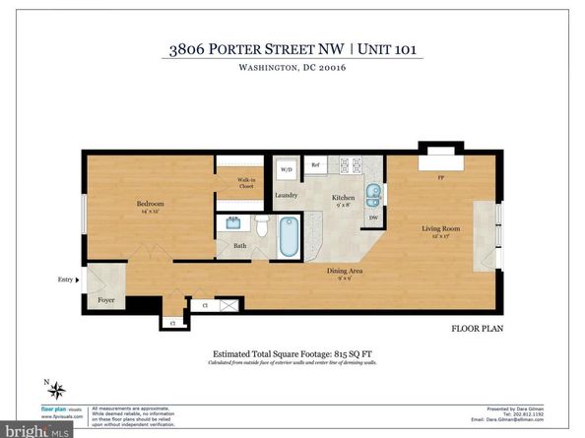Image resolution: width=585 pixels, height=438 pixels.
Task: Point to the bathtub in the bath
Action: (x=288, y=237)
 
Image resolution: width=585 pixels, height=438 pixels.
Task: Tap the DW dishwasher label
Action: (x=373, y=218)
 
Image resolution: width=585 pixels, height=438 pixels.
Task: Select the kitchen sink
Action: (x=372, y=193)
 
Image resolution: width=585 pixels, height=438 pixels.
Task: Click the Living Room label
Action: (x=441, y=229)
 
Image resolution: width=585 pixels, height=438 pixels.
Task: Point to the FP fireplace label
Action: (x=439, y=179)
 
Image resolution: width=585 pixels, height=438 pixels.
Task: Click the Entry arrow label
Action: (x=67, y=280)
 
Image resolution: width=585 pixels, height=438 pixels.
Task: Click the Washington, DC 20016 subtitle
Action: (x=292, y=68)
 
